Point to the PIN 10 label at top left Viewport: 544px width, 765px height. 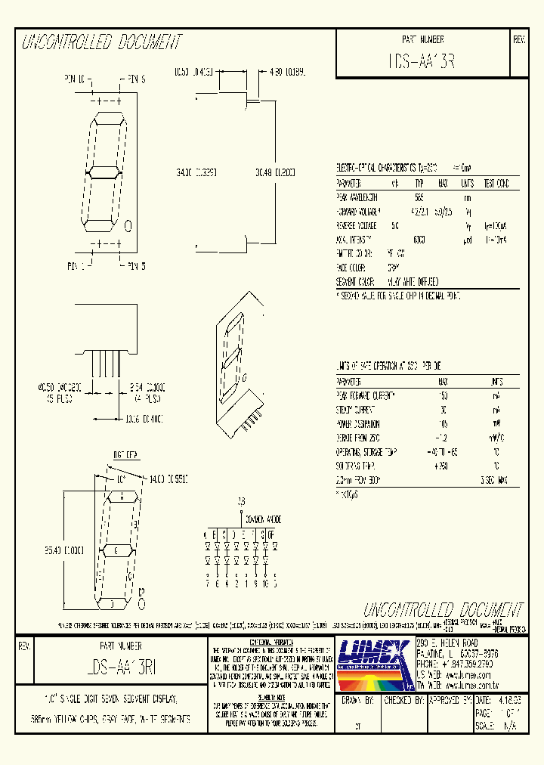[76, 79]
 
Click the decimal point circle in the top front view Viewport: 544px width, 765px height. [127, 225]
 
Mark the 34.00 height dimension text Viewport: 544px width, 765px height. [196, 172]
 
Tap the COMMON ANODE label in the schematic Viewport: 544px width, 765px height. [264, 521]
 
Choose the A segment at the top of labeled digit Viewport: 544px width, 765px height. [120, 497]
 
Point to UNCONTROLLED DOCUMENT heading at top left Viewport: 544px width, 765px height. [102, 42]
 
